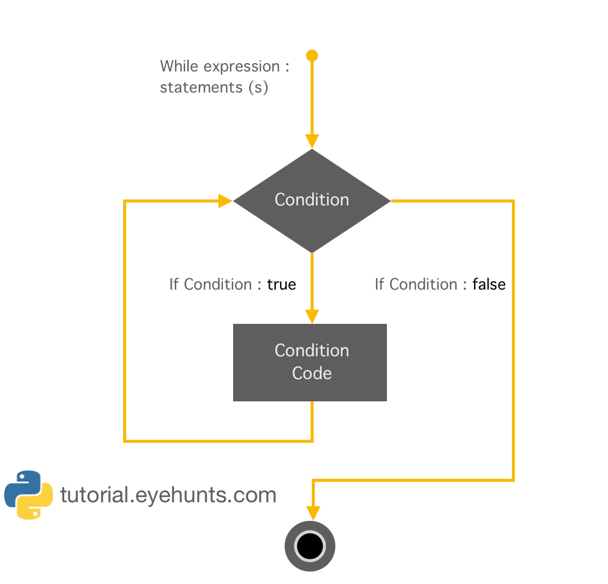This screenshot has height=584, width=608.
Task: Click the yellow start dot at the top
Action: (x=312, y=56)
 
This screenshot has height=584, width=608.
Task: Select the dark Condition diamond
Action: (x=312, y=200)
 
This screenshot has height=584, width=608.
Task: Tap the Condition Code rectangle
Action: (x=310, y=362)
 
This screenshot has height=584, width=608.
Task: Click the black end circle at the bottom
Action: (x=310, y=546)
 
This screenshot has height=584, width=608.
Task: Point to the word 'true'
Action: (x=281, y=284)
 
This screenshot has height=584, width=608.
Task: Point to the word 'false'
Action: (x=488, y=284)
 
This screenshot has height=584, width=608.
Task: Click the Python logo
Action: (x=28, y=494)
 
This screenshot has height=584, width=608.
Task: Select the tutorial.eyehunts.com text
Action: (x=168, y=495)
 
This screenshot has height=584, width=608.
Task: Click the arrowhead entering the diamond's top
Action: (x=312, y=141)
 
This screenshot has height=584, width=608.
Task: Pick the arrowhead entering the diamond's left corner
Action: (x=225, y=201)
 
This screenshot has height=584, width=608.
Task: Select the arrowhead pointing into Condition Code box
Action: (x=312, y=316)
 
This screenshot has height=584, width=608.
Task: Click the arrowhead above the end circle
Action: (x=313, y=513)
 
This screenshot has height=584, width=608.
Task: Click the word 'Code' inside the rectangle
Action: (x=312, y=373)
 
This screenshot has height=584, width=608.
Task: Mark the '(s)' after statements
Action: (x=258, y=87)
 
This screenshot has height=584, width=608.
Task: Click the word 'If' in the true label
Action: (x=174, y=284)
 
